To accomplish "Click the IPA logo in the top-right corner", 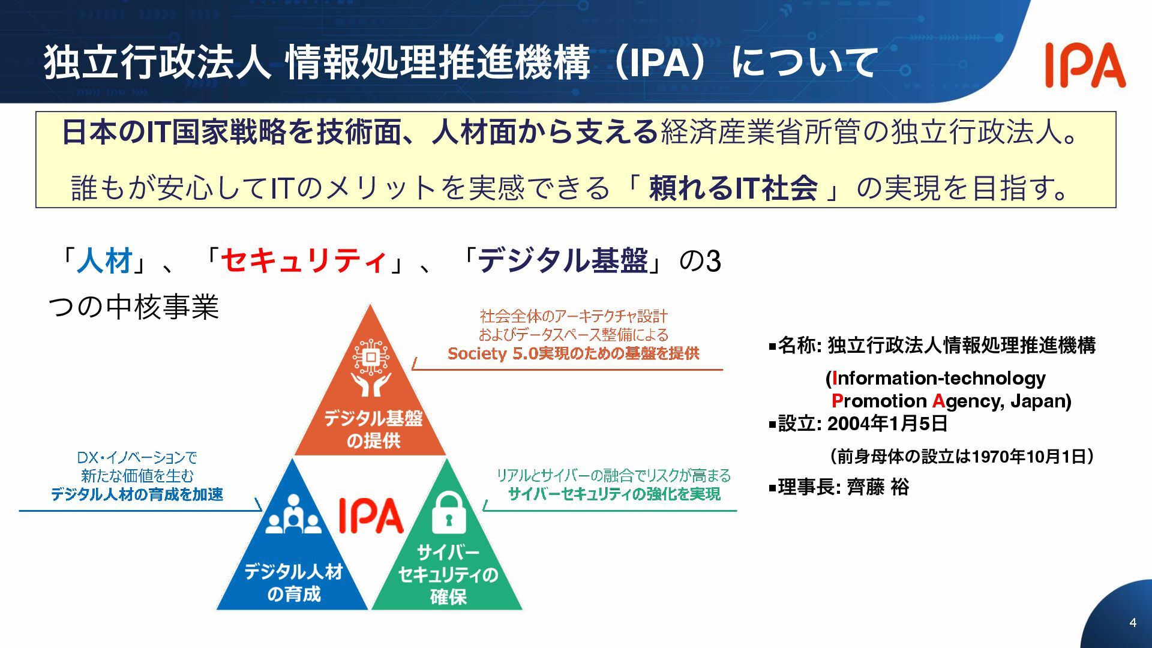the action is [x=1085, y=65].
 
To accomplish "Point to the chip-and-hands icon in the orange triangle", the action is [x=371, y=368].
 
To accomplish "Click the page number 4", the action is [x=1132, y=622].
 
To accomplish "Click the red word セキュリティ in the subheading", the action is [x=304, y=261].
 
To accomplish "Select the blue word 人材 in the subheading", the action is [x=104, y=261].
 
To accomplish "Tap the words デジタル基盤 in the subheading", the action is [x=563, y=261].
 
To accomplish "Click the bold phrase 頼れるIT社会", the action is [x=733, y=188].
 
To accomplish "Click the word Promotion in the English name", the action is [x=879, y=401].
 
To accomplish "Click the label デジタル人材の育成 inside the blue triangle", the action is [x=293, y=582].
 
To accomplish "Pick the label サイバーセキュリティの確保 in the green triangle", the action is [x=448, y=574].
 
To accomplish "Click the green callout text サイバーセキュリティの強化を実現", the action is [x=614, y=494].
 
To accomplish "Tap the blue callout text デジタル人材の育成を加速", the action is [x=137, y=494].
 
